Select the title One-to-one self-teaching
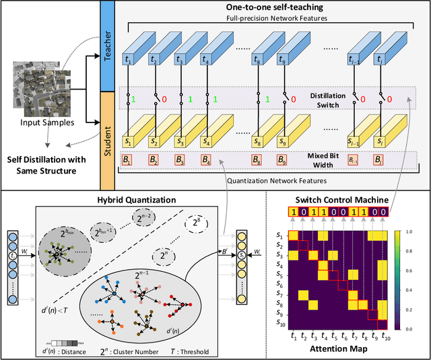(x=268, y=6)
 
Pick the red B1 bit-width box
(x=127, y=160)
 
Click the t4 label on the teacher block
(x=205, y=59)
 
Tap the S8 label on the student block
(x=257, y=143)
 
